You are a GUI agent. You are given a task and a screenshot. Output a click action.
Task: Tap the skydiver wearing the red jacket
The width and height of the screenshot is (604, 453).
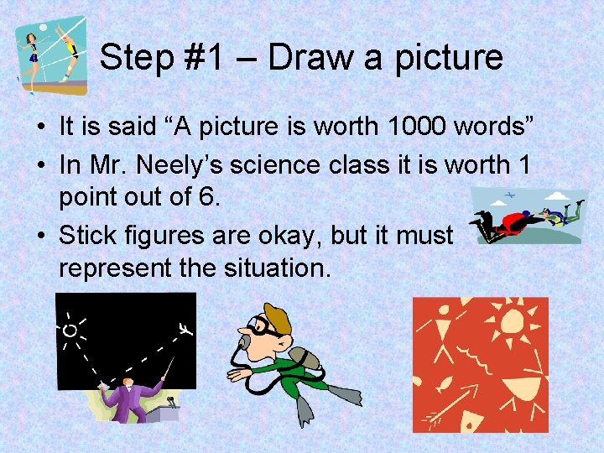(512, 223)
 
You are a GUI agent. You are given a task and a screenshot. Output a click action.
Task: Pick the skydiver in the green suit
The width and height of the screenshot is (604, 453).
(555, 216)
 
